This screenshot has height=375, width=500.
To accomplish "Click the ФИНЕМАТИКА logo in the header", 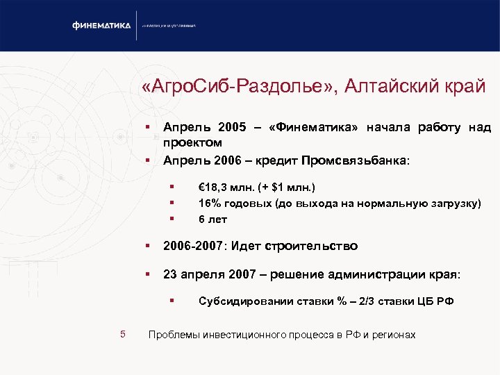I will click(101, 26).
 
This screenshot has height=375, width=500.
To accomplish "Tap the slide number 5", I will click(122, 335).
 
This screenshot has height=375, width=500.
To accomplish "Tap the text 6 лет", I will click(212, 219).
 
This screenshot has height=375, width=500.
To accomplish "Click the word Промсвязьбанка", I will click(356, 160).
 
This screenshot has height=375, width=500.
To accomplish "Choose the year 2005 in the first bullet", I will click(231, 128).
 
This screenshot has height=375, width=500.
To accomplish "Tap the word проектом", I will click(192, 143).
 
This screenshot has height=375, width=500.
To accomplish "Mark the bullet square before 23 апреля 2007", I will click(148, 275).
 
